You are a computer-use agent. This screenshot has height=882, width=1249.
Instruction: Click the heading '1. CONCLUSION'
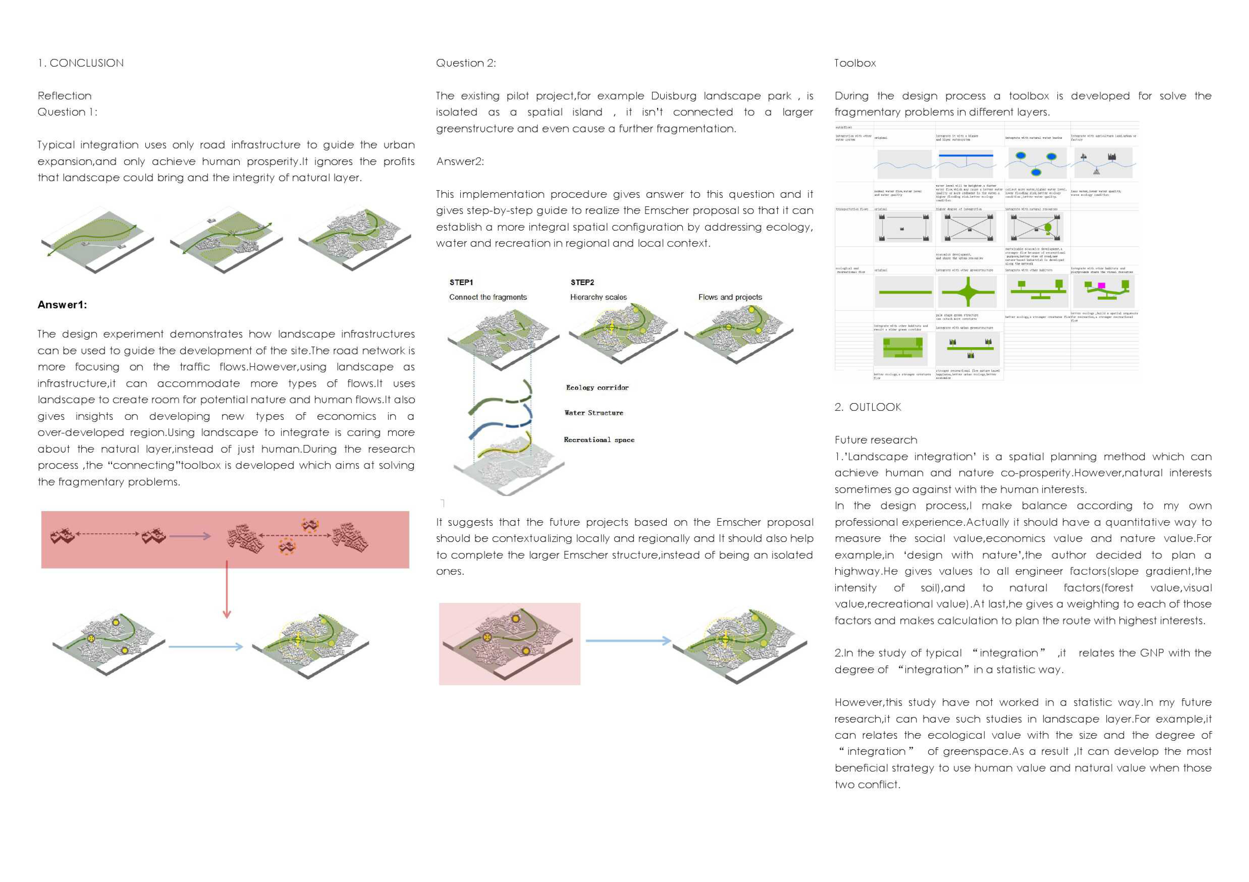pyautogui.click(x=81, y=63)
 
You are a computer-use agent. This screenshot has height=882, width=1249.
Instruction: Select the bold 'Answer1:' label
pyautogui.click(x=62, y=305)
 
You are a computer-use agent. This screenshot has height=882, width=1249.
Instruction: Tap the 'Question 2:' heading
pyautogui.click(x=466, y=63)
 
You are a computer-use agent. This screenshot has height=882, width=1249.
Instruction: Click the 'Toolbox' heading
pyautogui.click(x=855, y=63)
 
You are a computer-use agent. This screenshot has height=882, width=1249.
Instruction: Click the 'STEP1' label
pyautogui.click(x=461, y=282)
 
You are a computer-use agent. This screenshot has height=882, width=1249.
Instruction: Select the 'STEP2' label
pyautogui.click(x=582, y=282)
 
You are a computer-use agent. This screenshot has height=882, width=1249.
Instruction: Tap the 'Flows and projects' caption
pyautogui.click(x=730, y=297)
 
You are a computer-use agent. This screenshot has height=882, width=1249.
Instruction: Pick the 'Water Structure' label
pyautogui.click(x=593, y=413)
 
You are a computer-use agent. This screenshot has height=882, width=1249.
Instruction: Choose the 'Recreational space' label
pyautogui.click(x=599, y=440)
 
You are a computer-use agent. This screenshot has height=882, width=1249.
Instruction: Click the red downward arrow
pyautogui.click(x=227, y=593)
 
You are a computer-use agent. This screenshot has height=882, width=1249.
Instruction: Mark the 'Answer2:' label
pyautogui.click(x=460, y=162)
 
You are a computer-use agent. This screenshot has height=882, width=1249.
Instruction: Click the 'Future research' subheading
pyautogui.click(x=876, y=440)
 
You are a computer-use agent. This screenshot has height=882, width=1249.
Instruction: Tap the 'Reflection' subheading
pyautogui.click(x=64, y=96)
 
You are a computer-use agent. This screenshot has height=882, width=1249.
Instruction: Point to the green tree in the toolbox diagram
pyautogui.click(x=1048, y=227)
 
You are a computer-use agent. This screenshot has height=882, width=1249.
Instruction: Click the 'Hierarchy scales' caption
pyautogui.click(x=598, y=297)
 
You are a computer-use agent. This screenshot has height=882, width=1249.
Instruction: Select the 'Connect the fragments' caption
pyautogui.click(x=488, y=297)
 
